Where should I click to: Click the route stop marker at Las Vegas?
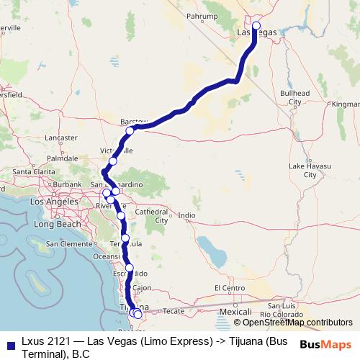click(x=256, y=26)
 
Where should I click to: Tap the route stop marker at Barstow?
click(x=130, y=131)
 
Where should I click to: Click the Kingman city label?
click(x=345, y=104)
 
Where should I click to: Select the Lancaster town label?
click(x=60, y=138)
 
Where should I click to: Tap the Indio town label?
click(x=187, y=215)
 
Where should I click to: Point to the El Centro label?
click(x=231, y=288)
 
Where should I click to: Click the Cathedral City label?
click(x=152, y=216)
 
